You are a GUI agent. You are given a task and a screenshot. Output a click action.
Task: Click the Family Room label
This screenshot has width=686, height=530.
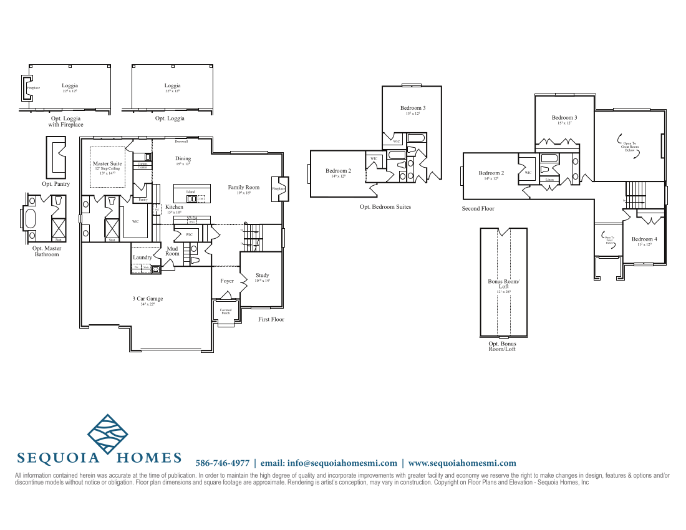[243, 187]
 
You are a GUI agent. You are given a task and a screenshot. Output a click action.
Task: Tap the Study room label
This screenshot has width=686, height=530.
[263, 275]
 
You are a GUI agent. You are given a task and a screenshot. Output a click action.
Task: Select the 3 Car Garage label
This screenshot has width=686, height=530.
[148, 299]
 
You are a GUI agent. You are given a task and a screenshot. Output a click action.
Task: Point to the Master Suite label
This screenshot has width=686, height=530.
[108, 163]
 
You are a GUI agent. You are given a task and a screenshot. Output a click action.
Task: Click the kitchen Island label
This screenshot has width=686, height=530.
[190, 191]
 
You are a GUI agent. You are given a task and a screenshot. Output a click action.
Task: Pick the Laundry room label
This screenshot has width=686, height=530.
[142, 257]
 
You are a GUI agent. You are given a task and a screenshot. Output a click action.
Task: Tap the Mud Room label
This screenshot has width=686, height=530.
[172, 251]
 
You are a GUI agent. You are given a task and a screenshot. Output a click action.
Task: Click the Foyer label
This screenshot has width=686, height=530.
[227, 281]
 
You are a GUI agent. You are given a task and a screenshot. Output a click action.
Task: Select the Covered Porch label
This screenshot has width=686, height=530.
[225, 311]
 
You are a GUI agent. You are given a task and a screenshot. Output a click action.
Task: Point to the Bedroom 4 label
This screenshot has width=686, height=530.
[644, 239]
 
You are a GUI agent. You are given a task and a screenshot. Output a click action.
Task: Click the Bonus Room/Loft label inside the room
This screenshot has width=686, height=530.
[503, 284]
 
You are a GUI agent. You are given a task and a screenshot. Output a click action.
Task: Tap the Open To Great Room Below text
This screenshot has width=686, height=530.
[629, 147]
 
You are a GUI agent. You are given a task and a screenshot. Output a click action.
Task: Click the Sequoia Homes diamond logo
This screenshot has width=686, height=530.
[107, 435]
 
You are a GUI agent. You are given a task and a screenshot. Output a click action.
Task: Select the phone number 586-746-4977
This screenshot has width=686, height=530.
[223, 463]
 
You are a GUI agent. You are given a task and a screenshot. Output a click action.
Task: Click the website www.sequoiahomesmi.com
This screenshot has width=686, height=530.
[462, 463]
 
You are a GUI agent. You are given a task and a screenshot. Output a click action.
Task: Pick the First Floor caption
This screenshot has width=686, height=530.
[271, 319]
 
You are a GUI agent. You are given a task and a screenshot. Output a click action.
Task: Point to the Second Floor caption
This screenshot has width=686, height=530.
[478, 208]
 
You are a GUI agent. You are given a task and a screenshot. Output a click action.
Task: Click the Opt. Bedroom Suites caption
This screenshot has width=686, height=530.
[385, 206]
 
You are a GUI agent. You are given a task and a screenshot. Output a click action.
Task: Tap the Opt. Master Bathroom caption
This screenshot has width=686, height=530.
[47, 251]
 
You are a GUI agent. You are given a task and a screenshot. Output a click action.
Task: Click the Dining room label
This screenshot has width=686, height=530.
[183, 159]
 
